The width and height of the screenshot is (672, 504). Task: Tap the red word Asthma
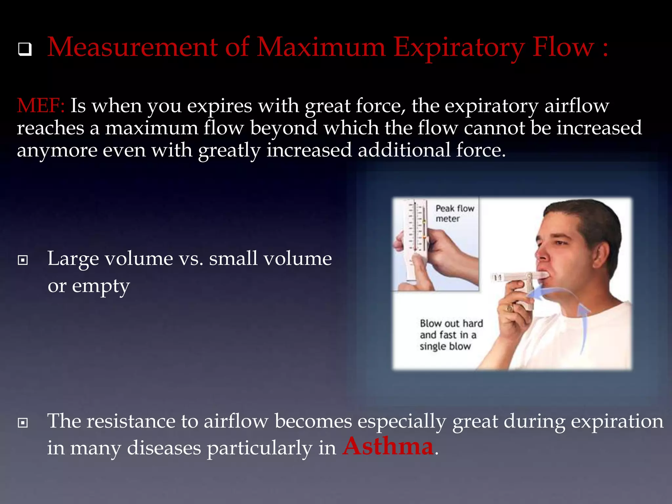point(388,447)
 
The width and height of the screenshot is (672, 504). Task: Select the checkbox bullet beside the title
point(25,49)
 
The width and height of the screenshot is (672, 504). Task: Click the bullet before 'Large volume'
point(23,260)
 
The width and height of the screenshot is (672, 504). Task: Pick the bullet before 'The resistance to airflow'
point(23,423)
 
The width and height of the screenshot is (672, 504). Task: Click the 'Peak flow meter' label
point(454,213)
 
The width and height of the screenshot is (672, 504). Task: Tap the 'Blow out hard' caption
point(451,335)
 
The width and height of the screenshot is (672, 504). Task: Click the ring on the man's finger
point(510,308)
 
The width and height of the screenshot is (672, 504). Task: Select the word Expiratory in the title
point(458,48)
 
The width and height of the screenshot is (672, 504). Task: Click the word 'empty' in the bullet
point(101,286)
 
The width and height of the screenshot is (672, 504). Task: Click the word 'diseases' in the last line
point(164,448)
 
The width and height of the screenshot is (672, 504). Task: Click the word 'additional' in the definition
point(404,150)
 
